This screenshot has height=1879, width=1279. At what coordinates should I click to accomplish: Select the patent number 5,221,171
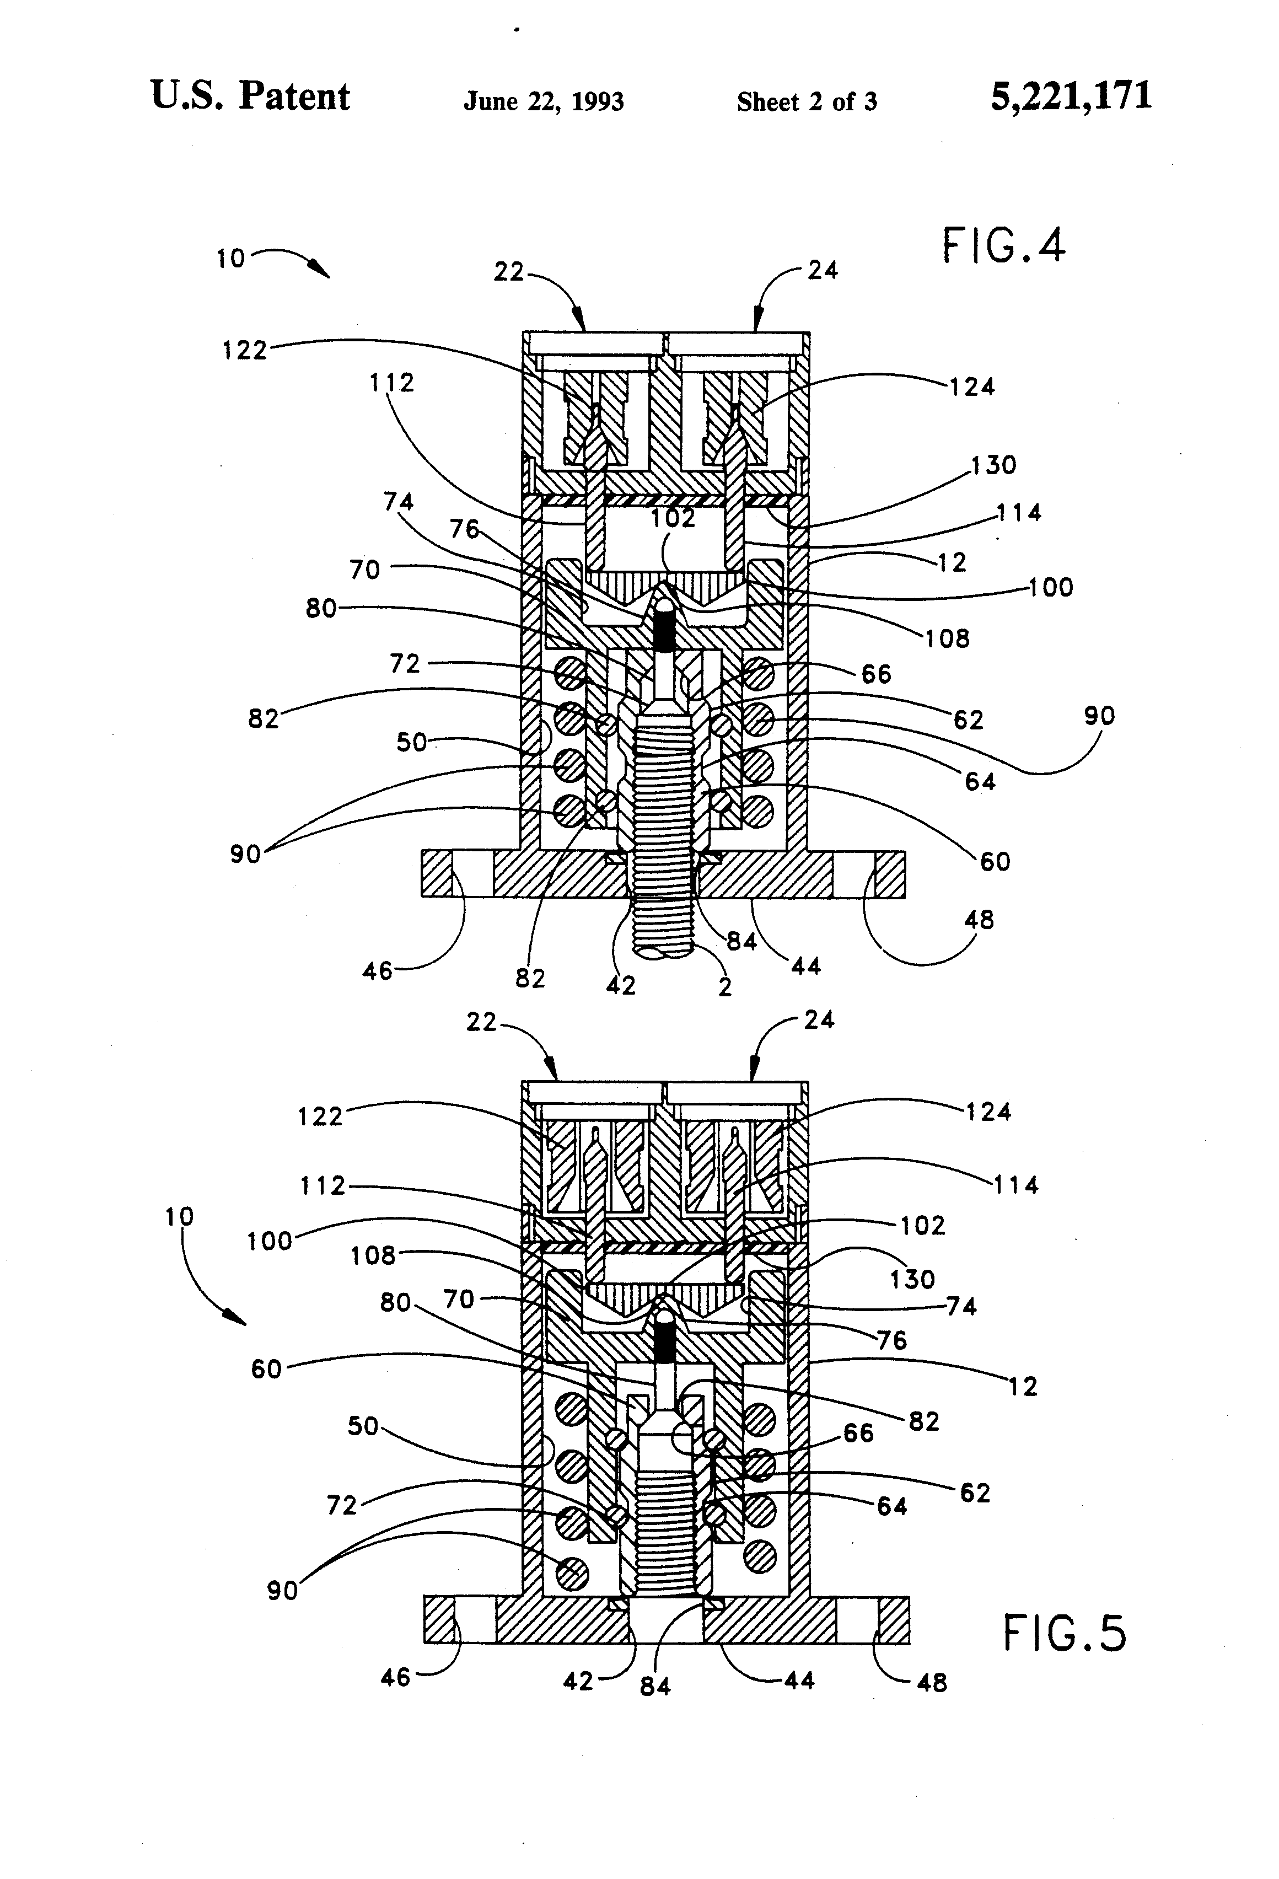(1071, 96)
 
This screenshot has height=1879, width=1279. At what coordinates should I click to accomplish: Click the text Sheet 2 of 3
(806, 102)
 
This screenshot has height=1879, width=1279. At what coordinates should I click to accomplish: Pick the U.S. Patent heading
(250, 96)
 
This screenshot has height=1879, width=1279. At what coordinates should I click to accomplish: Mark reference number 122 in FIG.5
(320, 1116)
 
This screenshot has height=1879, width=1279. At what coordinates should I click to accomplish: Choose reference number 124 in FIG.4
(972, 386)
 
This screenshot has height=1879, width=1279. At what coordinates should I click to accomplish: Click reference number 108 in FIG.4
(947, 638)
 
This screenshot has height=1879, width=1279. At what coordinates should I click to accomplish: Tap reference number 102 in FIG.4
(673, 518)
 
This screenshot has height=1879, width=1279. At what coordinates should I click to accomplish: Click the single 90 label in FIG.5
(282, 1590)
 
